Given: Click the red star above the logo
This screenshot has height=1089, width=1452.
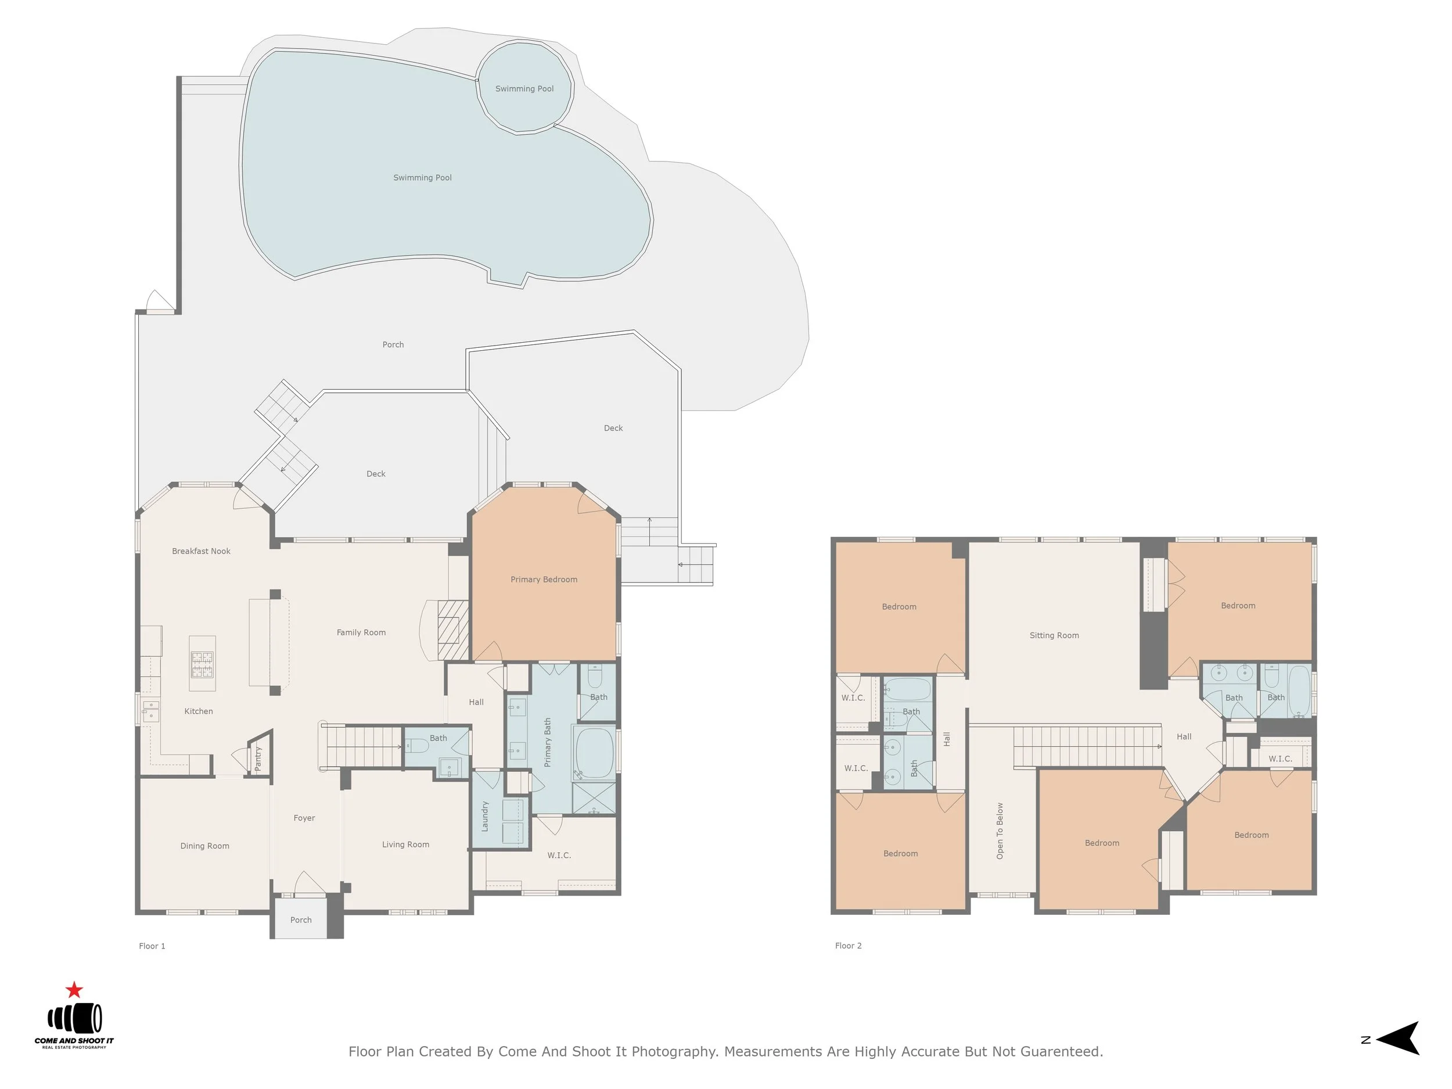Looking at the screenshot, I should (x=74, y=989).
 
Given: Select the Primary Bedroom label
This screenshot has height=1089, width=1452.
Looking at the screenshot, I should (x=544, y=580).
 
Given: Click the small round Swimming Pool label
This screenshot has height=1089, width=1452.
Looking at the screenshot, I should (x=524, y=89).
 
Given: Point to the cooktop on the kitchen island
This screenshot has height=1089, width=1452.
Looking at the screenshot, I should (x=202, y=664).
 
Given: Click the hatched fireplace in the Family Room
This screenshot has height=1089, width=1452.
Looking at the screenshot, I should (x=453, y=630).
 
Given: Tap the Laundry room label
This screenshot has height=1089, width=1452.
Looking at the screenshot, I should (x=485, y=816).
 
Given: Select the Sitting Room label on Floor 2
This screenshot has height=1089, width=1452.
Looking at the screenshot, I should (x=1054, y=635).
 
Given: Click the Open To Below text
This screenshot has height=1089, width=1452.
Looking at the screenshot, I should (x=1000, y=831).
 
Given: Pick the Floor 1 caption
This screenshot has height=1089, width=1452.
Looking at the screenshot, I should (x=152, y=946).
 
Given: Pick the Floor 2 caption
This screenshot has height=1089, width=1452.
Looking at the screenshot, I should (x=848, y=946).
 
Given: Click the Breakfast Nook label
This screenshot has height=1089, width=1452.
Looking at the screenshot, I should (x=201, y=551).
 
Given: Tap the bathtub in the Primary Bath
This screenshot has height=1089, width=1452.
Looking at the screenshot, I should (x=595, y=752).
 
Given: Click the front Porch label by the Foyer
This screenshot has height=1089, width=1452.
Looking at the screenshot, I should (x=301, y=919).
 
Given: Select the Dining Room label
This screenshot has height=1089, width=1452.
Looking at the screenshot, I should (x=205, y=846).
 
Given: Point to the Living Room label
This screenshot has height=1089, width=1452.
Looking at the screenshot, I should (x=405, y=845).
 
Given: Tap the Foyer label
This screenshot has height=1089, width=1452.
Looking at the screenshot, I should (x=304, y=818).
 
